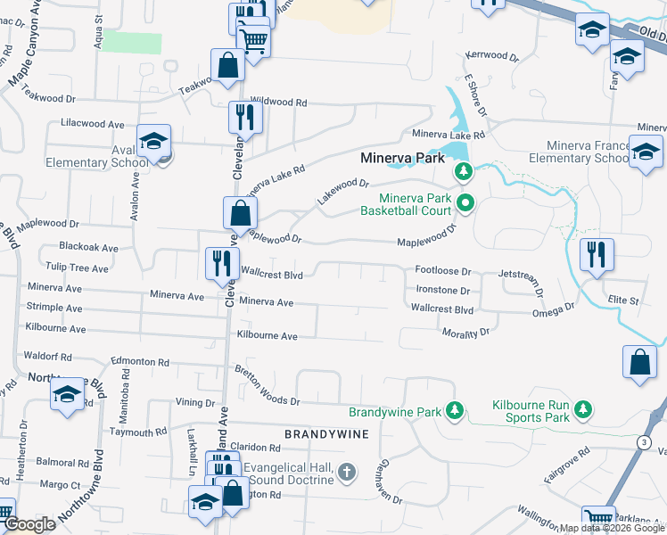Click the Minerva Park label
(x=402, y=158)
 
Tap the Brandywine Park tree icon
(x=456, y=410)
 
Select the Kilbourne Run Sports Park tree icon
(x=583, y=410)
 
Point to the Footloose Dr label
(x=442, y=270)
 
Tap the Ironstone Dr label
(x=442, y=291)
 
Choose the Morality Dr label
(x=466, y=332)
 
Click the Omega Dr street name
(x=553, y=309)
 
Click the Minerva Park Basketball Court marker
(x=464, y=203)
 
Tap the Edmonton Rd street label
(x=140, y=362)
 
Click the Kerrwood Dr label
(x=491, y=56)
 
